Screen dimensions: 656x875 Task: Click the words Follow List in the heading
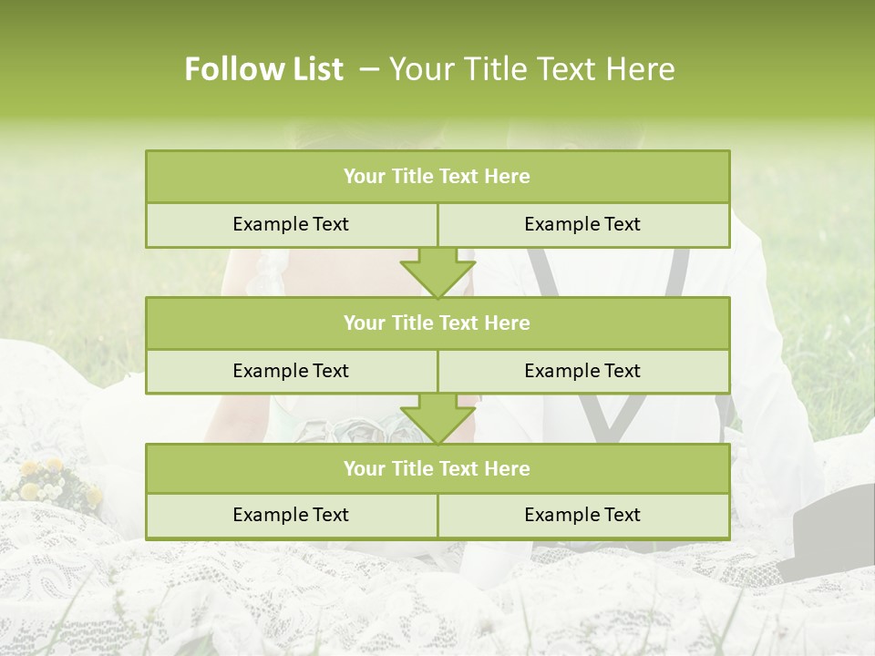click(263, 69)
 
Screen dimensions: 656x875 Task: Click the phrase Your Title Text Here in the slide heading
click(531, 69)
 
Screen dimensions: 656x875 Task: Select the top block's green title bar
click(437, 177)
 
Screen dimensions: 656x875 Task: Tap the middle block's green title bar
click(437, 323)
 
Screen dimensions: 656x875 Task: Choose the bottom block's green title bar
click(437, 468)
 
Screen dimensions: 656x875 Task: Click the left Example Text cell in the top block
click(291, 224)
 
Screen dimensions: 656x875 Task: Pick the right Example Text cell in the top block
click(582, 224)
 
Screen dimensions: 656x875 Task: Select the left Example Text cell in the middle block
click(291, 371)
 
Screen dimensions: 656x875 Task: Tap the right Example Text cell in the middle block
click(582, 371)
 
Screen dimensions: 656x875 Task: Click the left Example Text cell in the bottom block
click(291, 515)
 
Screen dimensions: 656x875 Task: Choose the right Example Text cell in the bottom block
click(582, 515)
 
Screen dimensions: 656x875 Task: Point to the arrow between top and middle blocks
click(437, 272)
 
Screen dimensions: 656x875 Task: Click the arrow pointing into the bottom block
click(437, 419)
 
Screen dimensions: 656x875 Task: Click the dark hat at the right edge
click(829, 533)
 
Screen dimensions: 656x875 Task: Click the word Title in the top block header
click(412, 177)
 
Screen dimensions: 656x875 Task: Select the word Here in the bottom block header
click(508, 468)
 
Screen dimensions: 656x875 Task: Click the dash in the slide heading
click(370, 69)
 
